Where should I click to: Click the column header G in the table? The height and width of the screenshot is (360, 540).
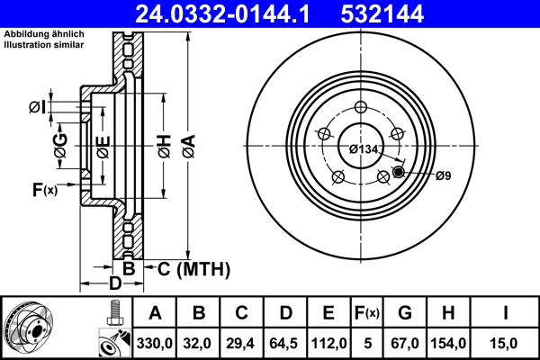[404, 313]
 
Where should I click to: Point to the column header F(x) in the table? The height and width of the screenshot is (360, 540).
[366, 313]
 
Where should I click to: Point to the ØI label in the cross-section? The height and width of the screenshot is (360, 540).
[36, 107]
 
